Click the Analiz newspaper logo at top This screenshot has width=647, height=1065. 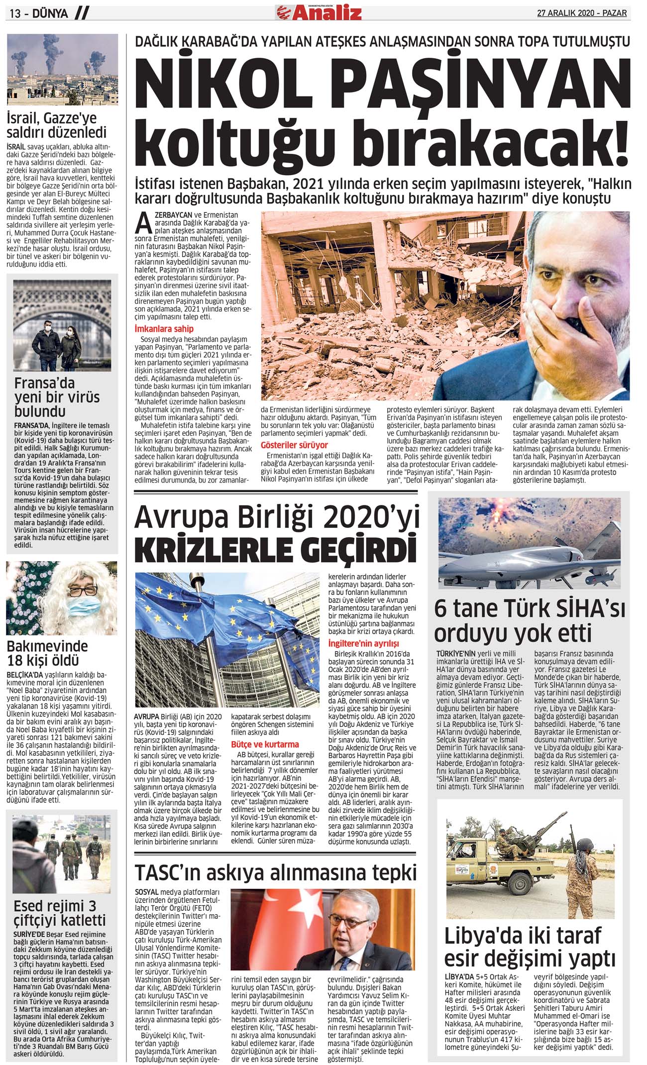coord(319,12)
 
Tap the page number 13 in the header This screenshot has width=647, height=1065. coord(15,13)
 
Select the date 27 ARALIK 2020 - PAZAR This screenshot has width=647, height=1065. coord(581,13)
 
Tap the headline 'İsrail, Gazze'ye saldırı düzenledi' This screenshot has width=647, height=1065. coord(57,125)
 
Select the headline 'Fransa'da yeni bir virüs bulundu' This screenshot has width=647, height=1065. coord(57,397)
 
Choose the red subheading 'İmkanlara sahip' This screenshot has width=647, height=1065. coord(164,329)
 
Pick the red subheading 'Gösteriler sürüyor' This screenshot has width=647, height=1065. coord(294,445)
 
